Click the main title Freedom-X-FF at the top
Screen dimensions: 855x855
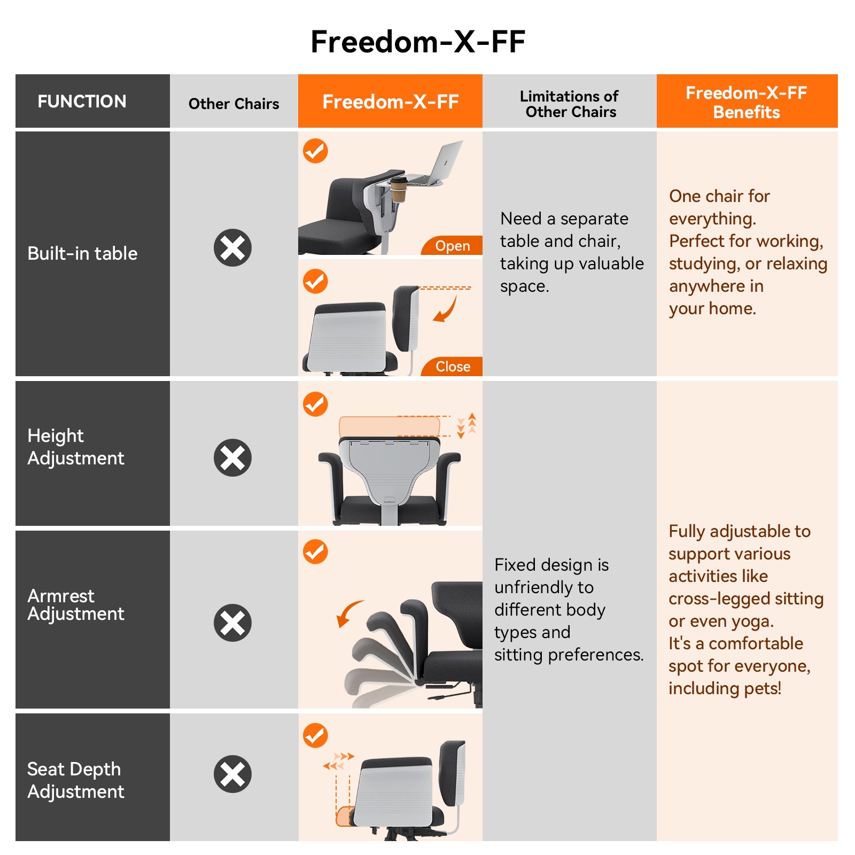pos(418,42)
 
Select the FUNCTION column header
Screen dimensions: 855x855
pos(82,102)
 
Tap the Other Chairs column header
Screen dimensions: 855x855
pos(234,104)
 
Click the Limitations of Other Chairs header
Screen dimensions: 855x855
pos(570,104)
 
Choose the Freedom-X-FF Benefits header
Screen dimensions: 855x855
pos(747,102)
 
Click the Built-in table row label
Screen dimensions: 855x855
pos(82,253)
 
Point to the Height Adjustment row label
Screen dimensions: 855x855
pos(75,447)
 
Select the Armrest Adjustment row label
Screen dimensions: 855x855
pos(75,604)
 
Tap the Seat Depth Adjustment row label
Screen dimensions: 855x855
pos(75,780)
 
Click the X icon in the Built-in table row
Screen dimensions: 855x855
pos(232,248)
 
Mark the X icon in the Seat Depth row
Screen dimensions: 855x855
pos(232,774)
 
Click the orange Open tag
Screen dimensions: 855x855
pos(452,246)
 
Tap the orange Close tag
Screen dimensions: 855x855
pos(453,367)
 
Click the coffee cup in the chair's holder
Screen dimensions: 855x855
pos(398,190)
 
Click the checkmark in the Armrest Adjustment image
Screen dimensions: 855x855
pos(315,551)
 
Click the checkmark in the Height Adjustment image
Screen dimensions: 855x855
pos(315,404)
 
